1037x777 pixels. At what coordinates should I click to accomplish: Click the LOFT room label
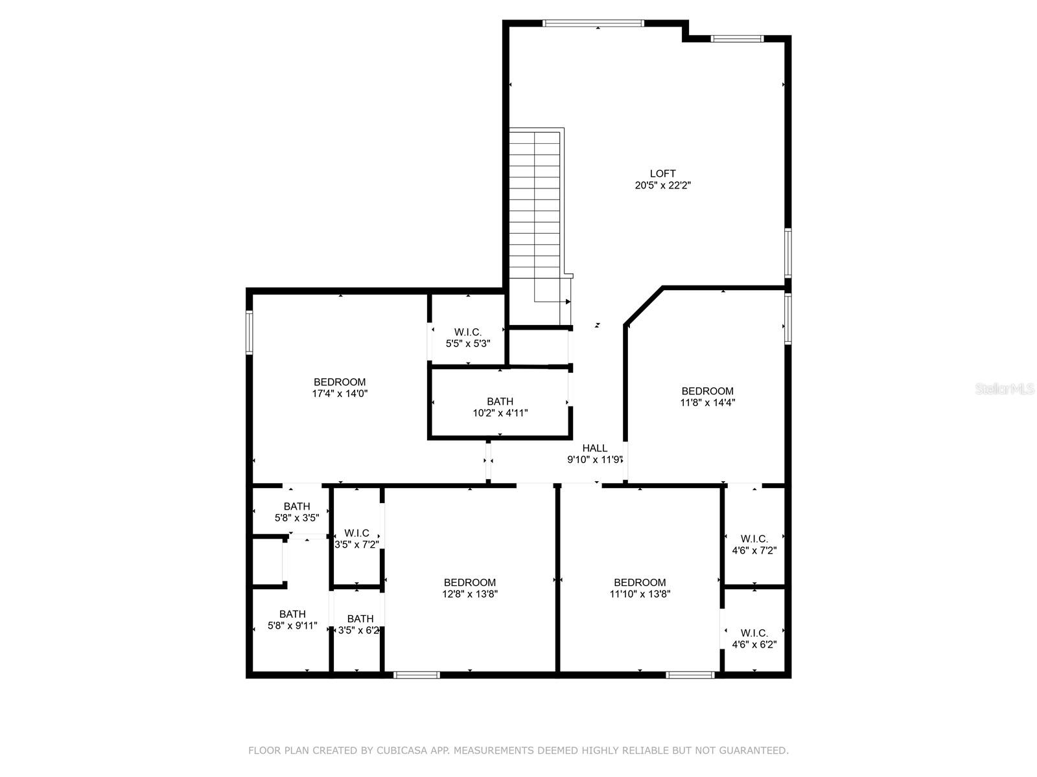tap(662, 174)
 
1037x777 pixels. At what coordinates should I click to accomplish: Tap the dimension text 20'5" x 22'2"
tap(662, 185)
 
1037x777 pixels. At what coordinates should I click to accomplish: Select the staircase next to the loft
tap(534, 207)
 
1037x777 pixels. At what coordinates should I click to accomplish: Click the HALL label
tap(594, 448)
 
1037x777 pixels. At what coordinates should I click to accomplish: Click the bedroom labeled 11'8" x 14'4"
tap(707, 396)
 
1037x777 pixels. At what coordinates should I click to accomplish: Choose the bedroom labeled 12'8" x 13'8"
tap(469, 588)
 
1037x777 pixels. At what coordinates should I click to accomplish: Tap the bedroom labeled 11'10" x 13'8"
tap(640, 588)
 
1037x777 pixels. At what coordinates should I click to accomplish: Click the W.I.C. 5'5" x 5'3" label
tap(467, 337)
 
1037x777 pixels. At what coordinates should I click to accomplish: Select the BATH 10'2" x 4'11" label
tap(500, 407)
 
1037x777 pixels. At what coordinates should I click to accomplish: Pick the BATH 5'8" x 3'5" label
tap(296, 512)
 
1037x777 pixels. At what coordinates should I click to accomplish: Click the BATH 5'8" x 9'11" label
tap(292, 620)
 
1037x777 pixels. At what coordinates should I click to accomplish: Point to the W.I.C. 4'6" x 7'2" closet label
tap(754, 545)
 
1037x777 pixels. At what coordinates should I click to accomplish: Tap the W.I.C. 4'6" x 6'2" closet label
tap(754, 638)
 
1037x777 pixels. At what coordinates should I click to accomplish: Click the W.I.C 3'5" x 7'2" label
tap(356, 539)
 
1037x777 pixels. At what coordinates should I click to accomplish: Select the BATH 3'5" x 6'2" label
tap(360, 624)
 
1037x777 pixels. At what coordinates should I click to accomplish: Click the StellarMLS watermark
tap(1005, 389)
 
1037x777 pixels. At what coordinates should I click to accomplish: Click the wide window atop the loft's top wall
tap(593, 23)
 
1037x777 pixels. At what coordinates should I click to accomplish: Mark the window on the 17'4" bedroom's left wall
tap(249, 332)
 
